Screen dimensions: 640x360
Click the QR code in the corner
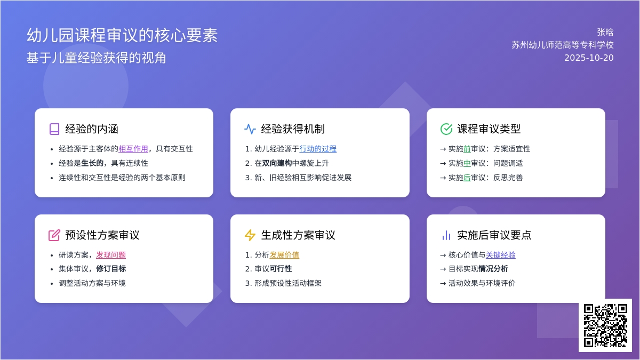tap(605, 325)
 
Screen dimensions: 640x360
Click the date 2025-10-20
tap(589, 58)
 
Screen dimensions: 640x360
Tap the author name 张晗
tap(605, 33)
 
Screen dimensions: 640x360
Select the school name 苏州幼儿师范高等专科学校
tap(563, 45)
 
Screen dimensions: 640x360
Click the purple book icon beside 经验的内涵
tap(54, 129)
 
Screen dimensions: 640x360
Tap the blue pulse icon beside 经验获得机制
tap(250, 129)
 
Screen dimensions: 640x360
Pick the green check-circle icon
tap(446, 129)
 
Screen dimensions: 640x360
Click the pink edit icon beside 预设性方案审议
tap(54, 235)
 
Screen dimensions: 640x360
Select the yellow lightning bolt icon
tap(250, 235)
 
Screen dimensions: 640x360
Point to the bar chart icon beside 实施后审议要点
tap(446, 235)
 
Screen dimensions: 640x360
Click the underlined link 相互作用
tap(133, 149)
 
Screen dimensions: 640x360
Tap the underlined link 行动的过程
tap(318, 149)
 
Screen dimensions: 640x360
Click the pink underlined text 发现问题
tap(111, 255)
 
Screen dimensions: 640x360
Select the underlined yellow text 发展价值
tap(284, 255)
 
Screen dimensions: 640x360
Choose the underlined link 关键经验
tap(501, 255)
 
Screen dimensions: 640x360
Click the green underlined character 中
tap(467, 163)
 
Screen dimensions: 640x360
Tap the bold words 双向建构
tap(277, 163)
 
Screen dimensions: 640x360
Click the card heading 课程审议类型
tap(489, 129)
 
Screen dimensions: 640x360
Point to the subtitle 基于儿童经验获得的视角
tap(97, 58)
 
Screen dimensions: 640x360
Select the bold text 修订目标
tap(111, 269)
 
